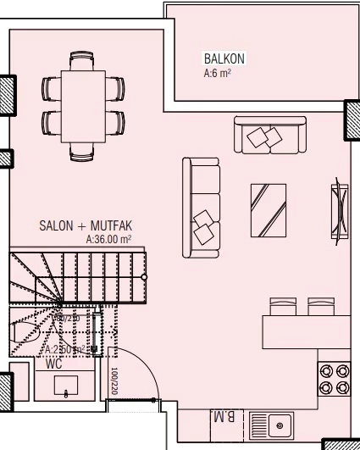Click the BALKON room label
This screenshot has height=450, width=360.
pos(224,59)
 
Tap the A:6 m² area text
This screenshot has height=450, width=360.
pos(218,74)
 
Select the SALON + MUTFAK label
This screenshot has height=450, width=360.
pos(85,227)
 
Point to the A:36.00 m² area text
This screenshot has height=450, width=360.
pos(109,240)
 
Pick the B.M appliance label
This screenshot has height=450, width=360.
pos(222,418)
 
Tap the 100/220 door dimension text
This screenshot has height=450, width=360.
pos(112,382)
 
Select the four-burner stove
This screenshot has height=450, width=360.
pos(334,378)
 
